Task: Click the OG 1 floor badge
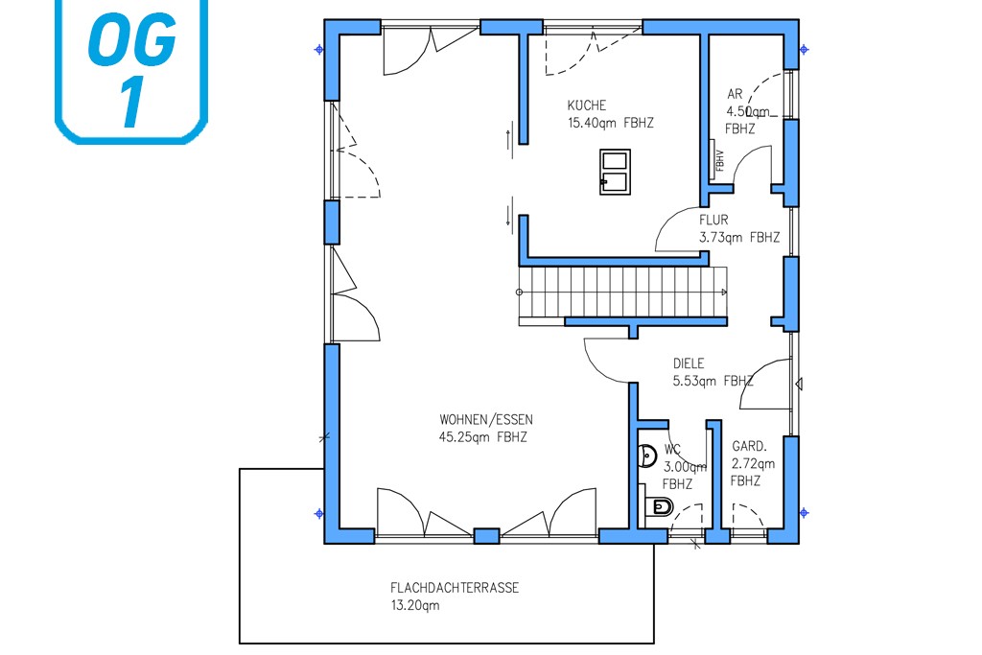pyautogui.click(x=131, y=69)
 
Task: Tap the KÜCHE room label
pyautogui.click(x=587, y=105)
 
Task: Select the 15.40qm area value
pyautogui.click(x=592, y=123)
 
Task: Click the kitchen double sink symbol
pyautogui.click(x=615, y=172)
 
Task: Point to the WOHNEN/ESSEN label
pyautogui.click(x=486, y=419)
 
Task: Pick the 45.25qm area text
pyautogui.click(x=464, y=437)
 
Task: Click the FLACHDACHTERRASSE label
pyautogui.click(x=455, y=588)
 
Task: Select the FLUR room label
pyautogui.click(x=713, y=220)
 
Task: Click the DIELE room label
pyautogui.click(x=689, y=363)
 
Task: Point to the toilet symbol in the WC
pyautogui.click(x=660, y=505)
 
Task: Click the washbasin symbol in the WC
pyautogui.click(x=647, y=456)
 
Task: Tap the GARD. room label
pyautogui.click(x=749, y=447)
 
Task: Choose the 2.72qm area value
pyautogui.click(x=753, y=464)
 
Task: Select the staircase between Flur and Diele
pyautogui.click(x=623, y=292)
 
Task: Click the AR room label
pyautogui.click(x=735, y=94)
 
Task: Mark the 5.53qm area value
pyautogui.click(x=694, y=381)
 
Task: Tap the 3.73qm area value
pyautogui.click(x=721, y=237)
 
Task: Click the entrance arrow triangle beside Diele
pyautogui.click(x=799, y=384)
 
